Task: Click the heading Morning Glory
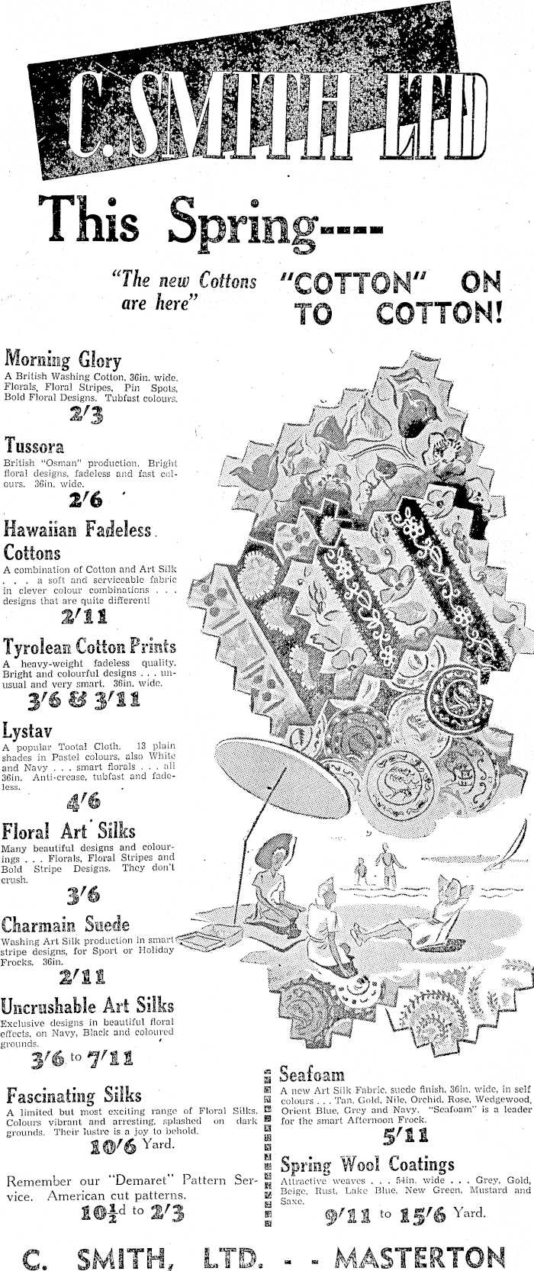coord(63,359)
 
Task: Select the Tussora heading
coord(34,445)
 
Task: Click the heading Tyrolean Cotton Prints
coord(89,647)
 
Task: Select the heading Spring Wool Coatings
coord(367,1165)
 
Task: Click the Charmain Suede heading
coord(66,925)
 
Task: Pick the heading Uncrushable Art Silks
coord(88,1005)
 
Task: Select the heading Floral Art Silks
coord(69,830)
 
